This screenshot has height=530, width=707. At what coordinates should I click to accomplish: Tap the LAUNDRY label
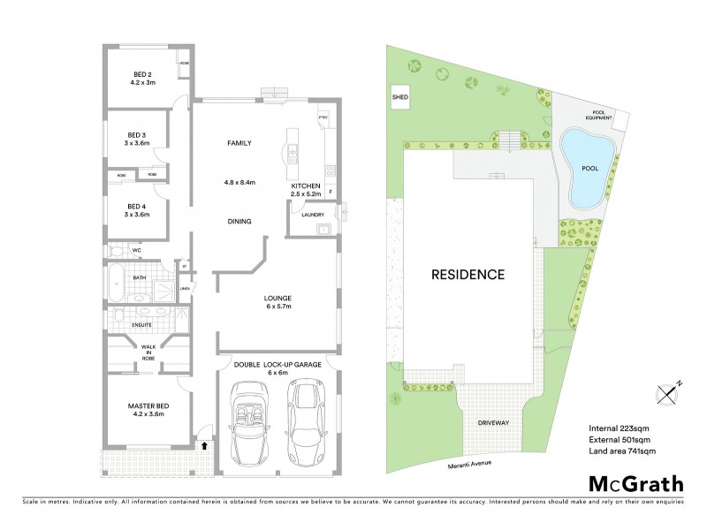(312, 215)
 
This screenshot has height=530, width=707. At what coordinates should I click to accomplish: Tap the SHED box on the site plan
(399, 97)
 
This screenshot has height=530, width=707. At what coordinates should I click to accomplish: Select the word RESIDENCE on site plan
(468, 274)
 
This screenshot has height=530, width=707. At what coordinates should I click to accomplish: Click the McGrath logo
(635, 483)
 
